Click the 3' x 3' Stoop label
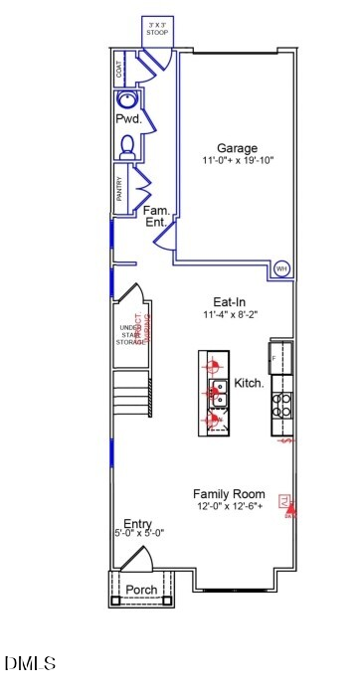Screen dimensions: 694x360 [x=158, y=28]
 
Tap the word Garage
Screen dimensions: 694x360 [x=238, y=148]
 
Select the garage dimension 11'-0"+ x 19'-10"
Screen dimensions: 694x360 [x=238, y=160]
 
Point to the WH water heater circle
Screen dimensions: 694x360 [x=280, y=268]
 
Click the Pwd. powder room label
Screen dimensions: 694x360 [x=128, y=119]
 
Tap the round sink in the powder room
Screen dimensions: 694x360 [x=127, y=99]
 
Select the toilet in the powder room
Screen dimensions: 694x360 [x=125, y=147]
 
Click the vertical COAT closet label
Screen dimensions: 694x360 [x=119, y=69]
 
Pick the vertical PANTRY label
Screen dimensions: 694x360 [x=119, y=189]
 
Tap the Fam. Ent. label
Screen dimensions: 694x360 [x=156, y=217]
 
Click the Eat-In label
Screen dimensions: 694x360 [x=230, y=302]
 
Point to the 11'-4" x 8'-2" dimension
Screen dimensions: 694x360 [x=230, y=315]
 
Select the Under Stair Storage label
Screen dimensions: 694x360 [x=129, y=335]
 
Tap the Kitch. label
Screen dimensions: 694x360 [x=249, y=383]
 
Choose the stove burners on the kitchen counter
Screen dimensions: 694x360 [x=281, y=402]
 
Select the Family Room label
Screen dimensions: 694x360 [x=229, y=494]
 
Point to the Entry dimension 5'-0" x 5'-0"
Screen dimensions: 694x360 [x=138, y=533]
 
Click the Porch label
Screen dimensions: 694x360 [x=140, y=590]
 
